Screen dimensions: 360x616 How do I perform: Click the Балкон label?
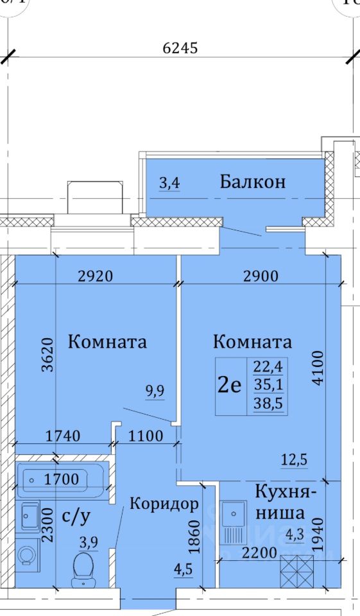(x=252, y=182)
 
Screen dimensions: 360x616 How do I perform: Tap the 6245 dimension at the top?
(x=180, y=48)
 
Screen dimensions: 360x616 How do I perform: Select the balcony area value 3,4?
(x=170, y=184)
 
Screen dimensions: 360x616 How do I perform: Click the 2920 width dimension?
(x=96, y=276)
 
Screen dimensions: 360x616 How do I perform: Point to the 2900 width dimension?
(x=261, y=276)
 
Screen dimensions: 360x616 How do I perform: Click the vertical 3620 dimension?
(x=48, y=354)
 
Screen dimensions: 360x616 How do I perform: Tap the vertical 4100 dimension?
(x=318, y=368)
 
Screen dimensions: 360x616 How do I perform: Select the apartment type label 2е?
(x=230, y=386)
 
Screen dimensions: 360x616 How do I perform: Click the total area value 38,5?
(x=268, y=404)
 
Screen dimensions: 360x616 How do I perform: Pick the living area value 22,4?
(x=268, y=367)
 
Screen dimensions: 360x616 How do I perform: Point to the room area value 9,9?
(x=155, y=391)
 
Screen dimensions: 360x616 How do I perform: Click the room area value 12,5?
(x=295, y=459)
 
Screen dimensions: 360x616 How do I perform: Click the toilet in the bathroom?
(x=83, y=569)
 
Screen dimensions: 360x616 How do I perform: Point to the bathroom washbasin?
(x=30, y=516)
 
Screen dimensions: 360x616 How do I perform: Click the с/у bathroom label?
(x=76, y=517)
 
